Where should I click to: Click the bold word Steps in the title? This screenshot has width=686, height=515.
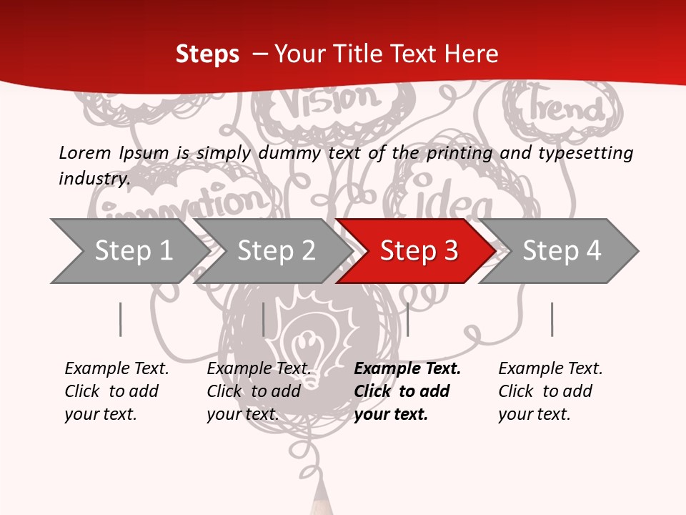coord(207,54)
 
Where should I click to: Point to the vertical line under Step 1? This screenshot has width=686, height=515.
coord(121,319)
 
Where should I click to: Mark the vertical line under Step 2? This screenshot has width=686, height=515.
coord(264,319)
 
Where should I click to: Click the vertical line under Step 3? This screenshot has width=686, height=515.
coord(407,319)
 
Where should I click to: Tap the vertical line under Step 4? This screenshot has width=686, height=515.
coord(552,319)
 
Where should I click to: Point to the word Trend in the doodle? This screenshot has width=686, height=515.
coord(565,107)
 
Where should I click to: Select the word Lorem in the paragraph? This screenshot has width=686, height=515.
coord(84,152)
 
